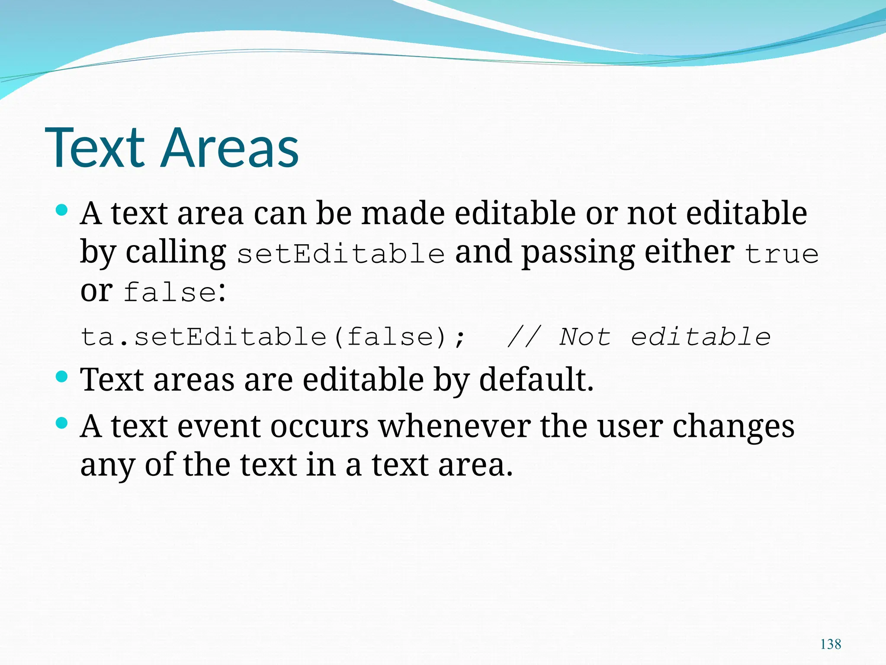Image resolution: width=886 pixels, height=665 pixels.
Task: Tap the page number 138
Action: (830, 644)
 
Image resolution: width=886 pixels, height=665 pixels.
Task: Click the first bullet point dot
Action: (62, 211)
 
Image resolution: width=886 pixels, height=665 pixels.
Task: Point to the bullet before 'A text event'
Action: (62, 423)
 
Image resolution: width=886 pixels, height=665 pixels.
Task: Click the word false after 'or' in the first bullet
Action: (170, 292)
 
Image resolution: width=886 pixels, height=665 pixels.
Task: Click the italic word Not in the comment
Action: (585, 337)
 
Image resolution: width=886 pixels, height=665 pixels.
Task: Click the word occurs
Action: (319, 427)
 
